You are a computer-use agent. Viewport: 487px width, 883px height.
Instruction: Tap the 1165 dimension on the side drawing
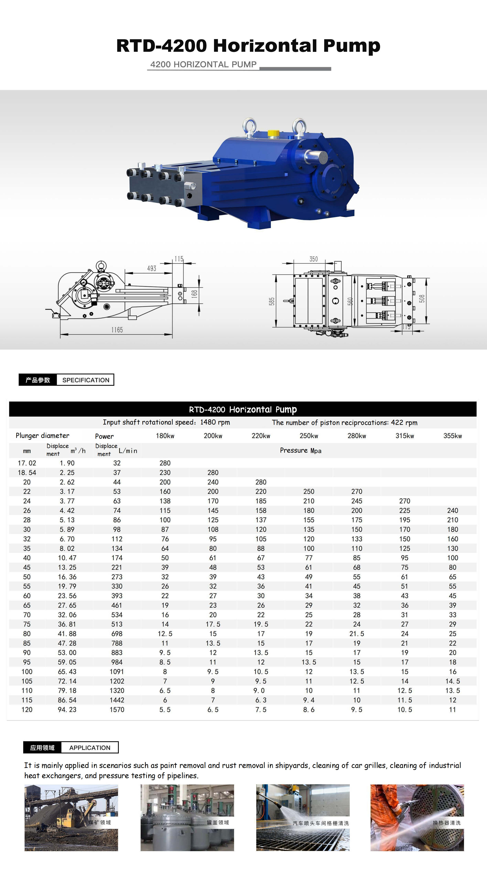pyautogui.click(x=117, y=330)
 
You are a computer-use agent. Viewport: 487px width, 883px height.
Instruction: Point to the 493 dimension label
pyautogui.click(x=151, y=268)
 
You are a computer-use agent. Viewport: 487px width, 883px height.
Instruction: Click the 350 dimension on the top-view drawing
pyautogui.click(x=313, y=259)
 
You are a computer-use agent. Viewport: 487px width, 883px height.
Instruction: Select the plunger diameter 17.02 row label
pyautogui.click(x=27, y=463)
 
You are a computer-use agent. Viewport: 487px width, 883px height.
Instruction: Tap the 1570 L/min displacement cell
pyautogui.click(x=117, y=710)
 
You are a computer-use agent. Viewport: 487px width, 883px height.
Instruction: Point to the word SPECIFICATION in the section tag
pyautogui.click(x=86, y=380)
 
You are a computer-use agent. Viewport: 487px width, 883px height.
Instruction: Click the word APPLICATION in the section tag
pyautogui.click(x=90, y=748)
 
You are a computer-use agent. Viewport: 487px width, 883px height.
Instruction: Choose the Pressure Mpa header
pyautogui.click(x=301, y=450)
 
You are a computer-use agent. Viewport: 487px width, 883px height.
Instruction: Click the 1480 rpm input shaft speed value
pyautogui.click(x=215, y=422)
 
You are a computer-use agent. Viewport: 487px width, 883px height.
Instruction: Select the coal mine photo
pyautogui.click(x=71, y=818)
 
